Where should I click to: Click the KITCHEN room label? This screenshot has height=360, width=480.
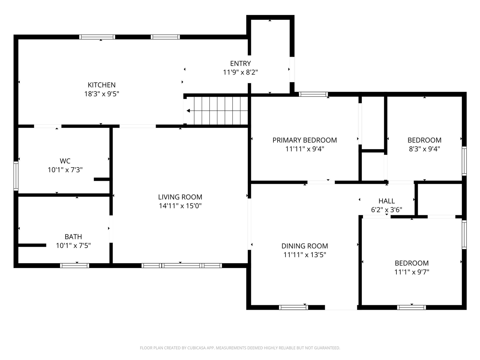(x=102, y=85)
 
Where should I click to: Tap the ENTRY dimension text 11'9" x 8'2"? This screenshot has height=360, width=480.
(x=240, y=72)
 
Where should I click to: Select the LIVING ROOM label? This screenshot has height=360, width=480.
(x=180, y=197)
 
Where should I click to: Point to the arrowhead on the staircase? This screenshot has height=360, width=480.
(x=188, y=111)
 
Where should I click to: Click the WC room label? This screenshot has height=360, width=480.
(x=65, y=161)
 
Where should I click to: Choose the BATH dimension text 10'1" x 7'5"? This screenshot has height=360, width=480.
(x=73, y=246)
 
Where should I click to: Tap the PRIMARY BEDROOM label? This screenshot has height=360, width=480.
(x=304, y=140)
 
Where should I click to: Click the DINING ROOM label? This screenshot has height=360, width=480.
(x=304, y=246)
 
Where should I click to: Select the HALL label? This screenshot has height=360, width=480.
(x=387, y=201)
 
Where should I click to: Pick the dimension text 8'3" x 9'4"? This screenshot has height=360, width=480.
(x=424, y=149)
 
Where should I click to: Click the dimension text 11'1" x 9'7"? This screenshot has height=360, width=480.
(x=412, y=272)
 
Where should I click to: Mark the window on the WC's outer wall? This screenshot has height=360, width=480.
(x=16, y=176)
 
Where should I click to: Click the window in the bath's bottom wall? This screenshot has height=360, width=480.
(x=75, y=265)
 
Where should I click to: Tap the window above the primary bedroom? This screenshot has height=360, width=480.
(x=313, y=94)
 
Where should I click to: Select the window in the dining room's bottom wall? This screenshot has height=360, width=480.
(x=294, y=307)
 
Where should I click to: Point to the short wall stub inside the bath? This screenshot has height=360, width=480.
(x=32, y=245)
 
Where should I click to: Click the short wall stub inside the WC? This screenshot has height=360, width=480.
(x=102, y=179)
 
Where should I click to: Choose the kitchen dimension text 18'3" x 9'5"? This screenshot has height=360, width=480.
(x=102, y=94)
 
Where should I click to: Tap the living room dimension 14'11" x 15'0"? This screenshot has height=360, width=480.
(x=180, y=206)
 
